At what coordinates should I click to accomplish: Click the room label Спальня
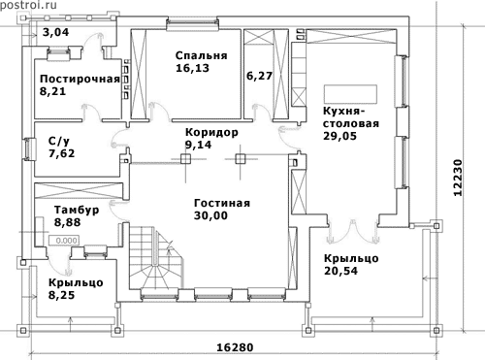point(201,56)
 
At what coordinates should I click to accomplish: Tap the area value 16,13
point(192,68)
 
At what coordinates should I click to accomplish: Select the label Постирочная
point(80,79)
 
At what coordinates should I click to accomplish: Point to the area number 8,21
point(52,91)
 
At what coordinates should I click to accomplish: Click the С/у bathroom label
point(59,141)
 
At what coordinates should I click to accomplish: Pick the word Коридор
point(211,132)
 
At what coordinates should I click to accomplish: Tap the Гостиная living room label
point(222,203)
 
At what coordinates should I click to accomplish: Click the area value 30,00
point(210,215)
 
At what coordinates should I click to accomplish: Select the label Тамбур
point(77,210)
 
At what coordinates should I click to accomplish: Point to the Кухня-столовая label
point(351,117)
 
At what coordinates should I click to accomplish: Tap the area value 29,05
point(339,136)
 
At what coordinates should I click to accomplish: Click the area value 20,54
point(340,271)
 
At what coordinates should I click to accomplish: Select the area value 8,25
point(61,295)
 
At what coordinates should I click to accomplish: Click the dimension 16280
point(235,347)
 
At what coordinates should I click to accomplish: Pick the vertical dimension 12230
point(458,178)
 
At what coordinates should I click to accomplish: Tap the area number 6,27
point(259,77)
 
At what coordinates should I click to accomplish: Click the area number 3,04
point(55,32)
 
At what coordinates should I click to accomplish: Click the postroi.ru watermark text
point(28,5)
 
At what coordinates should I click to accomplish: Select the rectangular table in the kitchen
point(350,94)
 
